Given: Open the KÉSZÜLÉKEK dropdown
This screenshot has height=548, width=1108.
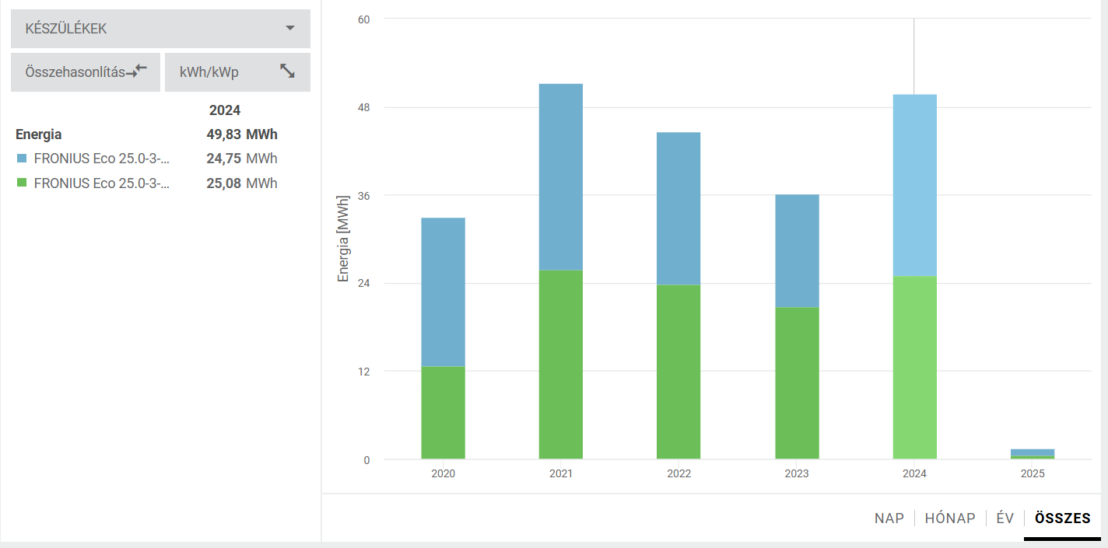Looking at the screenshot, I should [160, 29].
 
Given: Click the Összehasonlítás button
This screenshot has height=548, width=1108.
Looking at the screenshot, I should [86, 72].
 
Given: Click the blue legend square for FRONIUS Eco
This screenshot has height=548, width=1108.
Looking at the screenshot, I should [22, 159].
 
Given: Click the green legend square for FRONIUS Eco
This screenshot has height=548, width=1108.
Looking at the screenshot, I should [22, 183].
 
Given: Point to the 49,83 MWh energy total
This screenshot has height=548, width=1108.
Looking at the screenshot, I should [241, 134].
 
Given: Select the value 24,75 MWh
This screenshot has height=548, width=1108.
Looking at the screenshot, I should [241, 159].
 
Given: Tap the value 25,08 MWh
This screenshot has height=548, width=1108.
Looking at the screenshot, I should [241, 183].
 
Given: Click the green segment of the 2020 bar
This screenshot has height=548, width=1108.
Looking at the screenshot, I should [443, 412].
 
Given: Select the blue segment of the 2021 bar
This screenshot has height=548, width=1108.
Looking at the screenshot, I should [560, 176].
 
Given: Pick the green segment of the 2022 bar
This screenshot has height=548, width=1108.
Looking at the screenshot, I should [678, 372].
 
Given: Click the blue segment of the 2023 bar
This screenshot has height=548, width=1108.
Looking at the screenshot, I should [797, 250].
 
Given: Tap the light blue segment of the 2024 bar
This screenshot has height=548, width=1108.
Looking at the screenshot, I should [914, 185].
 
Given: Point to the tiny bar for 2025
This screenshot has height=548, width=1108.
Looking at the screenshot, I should [1033, 453].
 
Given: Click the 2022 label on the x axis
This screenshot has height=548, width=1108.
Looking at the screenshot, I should [678, 473].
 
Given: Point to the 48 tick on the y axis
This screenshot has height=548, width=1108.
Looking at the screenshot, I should [363, 107].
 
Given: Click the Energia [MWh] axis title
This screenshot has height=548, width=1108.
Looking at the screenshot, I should [343, 239].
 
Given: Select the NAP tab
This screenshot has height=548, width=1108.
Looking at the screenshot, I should [889, 518].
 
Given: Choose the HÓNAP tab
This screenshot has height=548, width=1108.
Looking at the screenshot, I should [949, 518].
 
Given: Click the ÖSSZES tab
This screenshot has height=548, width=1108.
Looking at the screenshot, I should [1062, 518].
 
